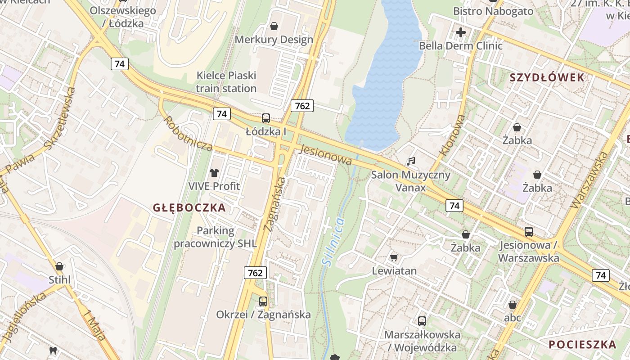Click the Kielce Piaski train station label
coord(226,82)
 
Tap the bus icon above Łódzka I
coord(266,118)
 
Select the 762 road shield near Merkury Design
coord(301,106)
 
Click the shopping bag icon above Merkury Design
coord(274,26)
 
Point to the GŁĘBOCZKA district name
coord(189,208)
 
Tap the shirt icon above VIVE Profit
coord(214,172)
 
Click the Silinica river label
coord(333,242)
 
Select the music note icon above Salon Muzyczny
coord(410,161)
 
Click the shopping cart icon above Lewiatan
coord(394,257)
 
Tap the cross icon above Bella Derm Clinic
coord(460,32)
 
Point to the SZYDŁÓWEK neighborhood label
coord(547,77)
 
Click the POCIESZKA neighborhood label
coord(582,345)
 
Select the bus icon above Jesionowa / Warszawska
coord(528,232)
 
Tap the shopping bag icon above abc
coord(512,305)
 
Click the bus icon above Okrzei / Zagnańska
coord(263,301)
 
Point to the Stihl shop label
coord(60,280)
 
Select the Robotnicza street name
coord(188,134)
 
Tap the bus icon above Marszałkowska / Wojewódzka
coord(422,321)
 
